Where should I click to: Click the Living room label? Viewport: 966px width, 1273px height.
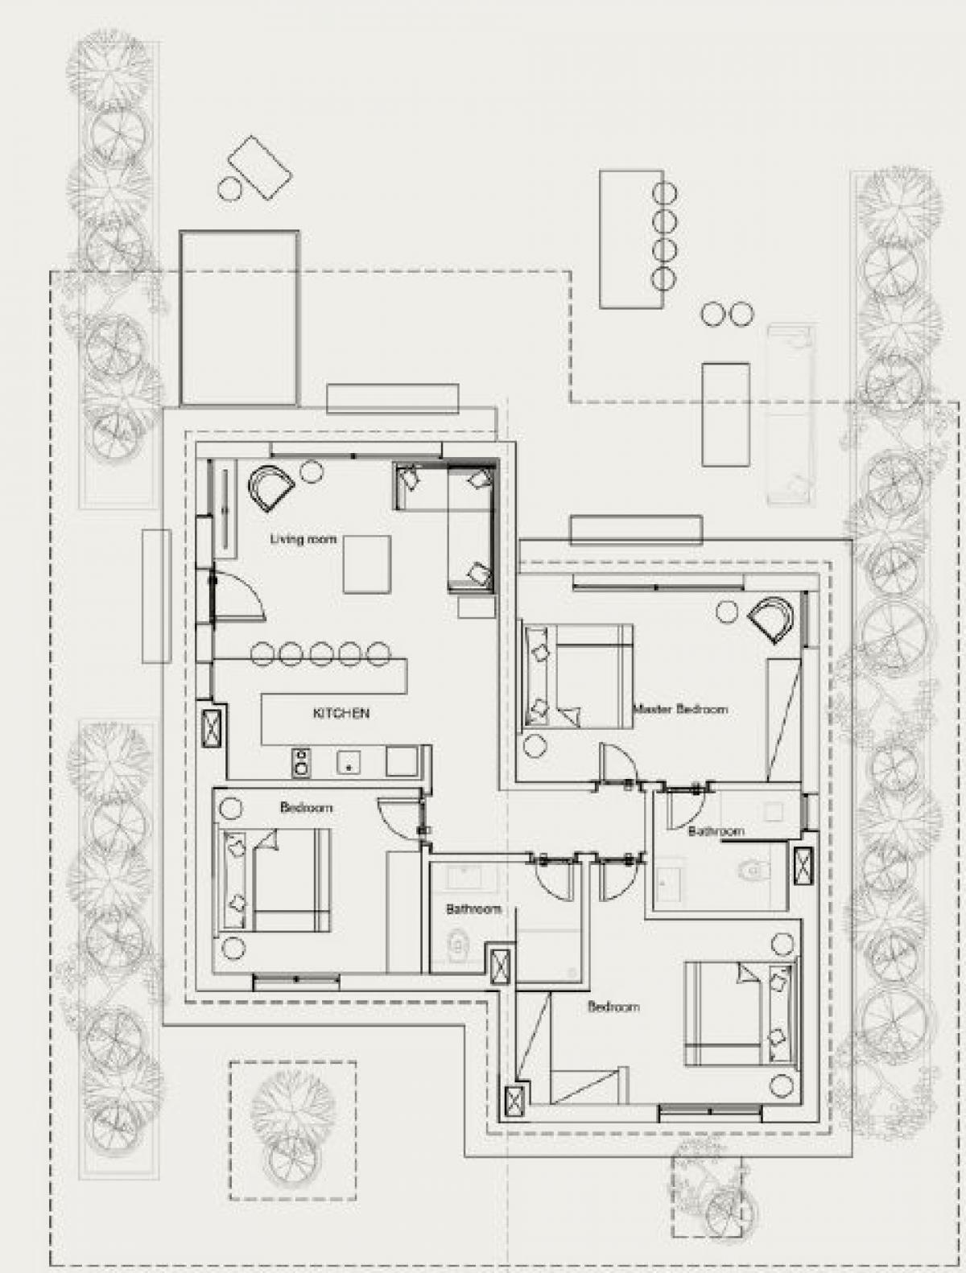coord(303,539)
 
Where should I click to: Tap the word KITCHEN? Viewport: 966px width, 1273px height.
coord(341,713)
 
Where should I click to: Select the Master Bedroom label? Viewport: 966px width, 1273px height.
coord(681,709)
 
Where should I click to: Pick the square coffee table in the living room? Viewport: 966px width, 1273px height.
coord(366,564)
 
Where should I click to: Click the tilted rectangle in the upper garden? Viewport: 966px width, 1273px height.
coord(258,167)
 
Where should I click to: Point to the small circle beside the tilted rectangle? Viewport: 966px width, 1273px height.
coord(229,188)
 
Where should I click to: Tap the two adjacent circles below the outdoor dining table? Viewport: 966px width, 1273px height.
coord(727,314)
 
